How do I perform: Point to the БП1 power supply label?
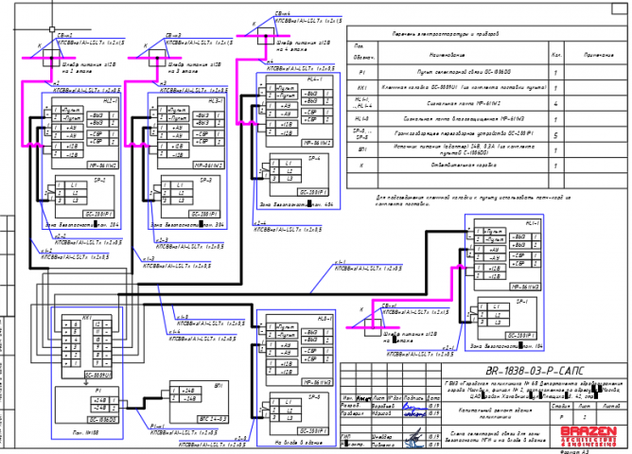pyautogui.click(x=219, y=386)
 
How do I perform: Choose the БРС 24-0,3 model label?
pyautogui.click(x=212, y=418)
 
